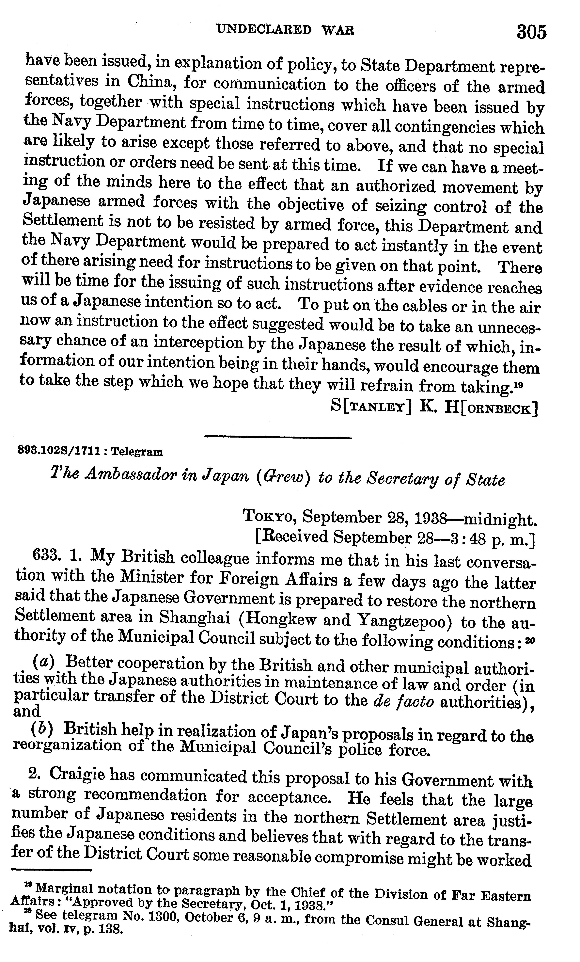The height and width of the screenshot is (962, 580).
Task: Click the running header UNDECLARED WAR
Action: pos(285,30)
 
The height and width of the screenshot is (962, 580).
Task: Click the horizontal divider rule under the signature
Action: pos(278,437)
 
